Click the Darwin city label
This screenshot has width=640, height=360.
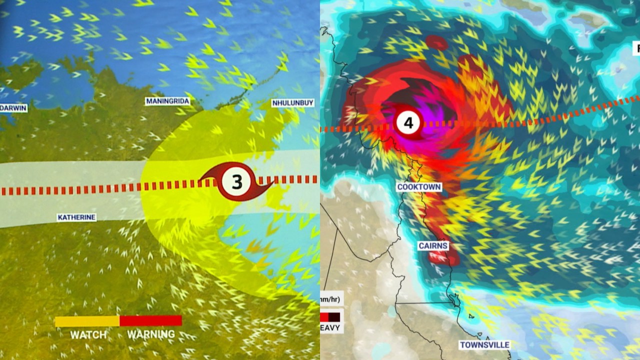(x=13, y=107)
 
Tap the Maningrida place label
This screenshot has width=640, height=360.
(x=167, y=101)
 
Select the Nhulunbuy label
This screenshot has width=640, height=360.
(x=292, y=103)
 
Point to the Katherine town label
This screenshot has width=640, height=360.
(x=76, y=217)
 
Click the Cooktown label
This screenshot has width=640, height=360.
(x=419, y=187)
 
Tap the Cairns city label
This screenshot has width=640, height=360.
(x=433, y=246)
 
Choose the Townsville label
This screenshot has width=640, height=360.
(x=484, y=345)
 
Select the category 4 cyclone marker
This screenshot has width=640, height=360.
(x=408, y=122)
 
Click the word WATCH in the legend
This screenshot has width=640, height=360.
(x=88, y=334)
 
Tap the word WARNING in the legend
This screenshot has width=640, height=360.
(x=151, y=334)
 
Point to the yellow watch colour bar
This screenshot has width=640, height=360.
(x=87, y=321)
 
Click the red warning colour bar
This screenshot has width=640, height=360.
(x=150, y=320)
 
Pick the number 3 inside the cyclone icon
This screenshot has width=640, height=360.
(x=236, y=182)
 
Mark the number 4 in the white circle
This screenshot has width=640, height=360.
(x=408, y=122)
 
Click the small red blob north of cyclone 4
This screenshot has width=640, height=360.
(x=437, y=42)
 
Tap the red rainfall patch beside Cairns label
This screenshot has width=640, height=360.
(x=442, y=257)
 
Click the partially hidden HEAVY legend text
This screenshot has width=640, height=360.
(x=330, y=328)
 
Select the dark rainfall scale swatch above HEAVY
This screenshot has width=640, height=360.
(x=334, y=317)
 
